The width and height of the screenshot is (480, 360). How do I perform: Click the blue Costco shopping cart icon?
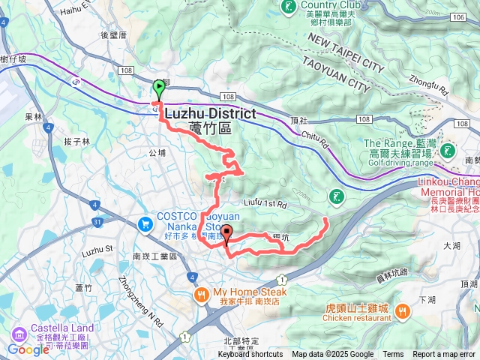click(146, 223)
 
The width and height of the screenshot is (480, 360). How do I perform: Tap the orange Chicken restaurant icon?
click(402, 310)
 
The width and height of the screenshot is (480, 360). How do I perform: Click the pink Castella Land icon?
click(17, 332)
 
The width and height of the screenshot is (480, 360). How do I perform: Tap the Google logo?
click(28, 349)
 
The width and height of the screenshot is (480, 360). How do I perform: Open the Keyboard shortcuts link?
click(250, 355)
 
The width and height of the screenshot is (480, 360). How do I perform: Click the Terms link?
click(393, 355)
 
